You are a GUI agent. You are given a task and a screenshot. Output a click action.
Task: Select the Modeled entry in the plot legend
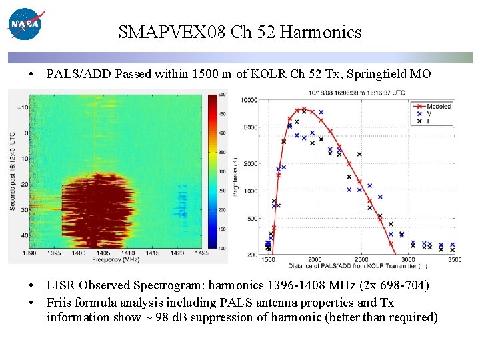[x=437, y=106]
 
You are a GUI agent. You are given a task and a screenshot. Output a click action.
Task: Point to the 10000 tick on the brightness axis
[x=248, y=100]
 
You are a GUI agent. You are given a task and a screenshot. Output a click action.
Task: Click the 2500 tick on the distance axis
[x=361, y=259]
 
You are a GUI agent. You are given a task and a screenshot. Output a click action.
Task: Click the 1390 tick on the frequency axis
[x=29, y=254]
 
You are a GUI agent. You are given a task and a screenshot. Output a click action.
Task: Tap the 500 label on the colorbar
[x=222, y=95]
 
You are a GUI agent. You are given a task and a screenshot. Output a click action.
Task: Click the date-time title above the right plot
[x=357, y=93]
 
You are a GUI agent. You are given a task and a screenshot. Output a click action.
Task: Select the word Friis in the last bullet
[x=60, y=303]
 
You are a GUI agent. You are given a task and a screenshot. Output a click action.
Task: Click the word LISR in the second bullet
[x=61, y=285]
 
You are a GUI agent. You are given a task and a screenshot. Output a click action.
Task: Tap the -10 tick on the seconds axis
[x=21, y=107]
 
